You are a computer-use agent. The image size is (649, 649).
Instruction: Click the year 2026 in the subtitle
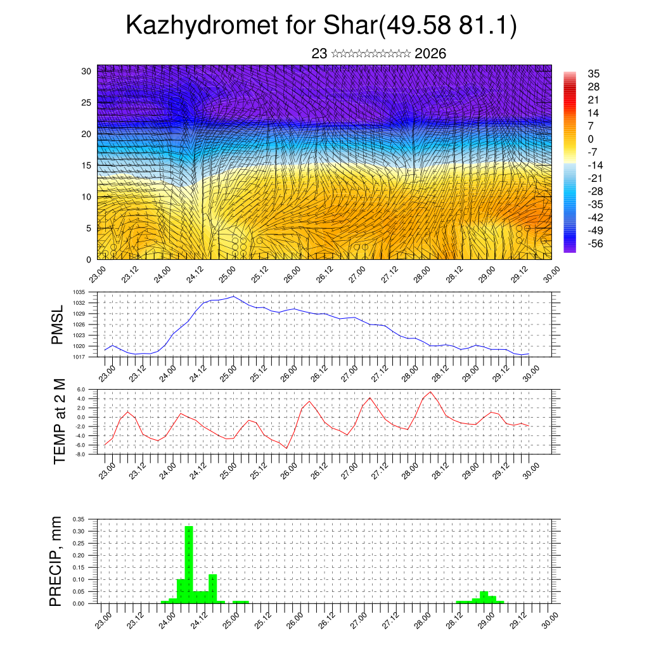click(x=430, y=54)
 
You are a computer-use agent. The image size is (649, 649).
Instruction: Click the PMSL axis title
click(x=58, y=324)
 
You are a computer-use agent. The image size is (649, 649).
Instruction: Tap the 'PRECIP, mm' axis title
click(x=56, y=561)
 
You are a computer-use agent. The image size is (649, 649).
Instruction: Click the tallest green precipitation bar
click(x=188, y=563)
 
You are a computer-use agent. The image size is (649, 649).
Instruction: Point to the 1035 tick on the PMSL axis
click(x=79, y=292)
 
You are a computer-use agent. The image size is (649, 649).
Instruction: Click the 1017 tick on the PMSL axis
click(x=79, y=357)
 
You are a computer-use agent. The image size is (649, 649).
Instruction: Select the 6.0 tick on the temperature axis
click(x=81, y=390)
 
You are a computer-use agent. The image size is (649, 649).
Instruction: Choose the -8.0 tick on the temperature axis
click(x=80, y=454)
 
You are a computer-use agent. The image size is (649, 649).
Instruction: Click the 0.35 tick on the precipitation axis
click(x=79, y=519)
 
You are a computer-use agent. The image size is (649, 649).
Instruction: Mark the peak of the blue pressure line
click(x=234, y=296)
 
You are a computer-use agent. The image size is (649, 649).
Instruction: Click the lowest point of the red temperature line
click(x=286, y=449)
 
